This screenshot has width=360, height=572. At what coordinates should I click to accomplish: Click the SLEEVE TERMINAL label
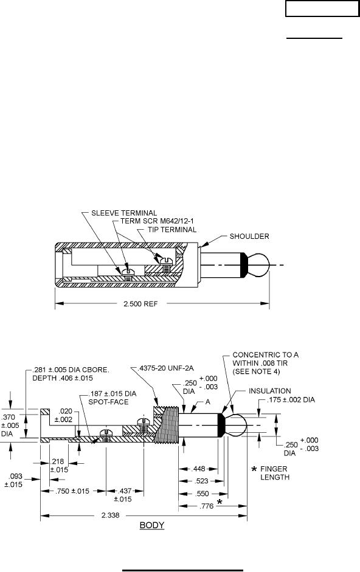[124, 213]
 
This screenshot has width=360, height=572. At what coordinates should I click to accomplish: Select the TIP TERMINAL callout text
[172, 229]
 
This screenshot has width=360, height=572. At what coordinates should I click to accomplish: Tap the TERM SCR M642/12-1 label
[157, 221]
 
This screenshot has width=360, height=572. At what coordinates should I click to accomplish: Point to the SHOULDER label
[249, 236]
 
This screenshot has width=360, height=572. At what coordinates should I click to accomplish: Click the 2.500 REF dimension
[140, 303]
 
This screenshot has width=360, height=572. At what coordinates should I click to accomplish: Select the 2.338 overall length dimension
[110, 515]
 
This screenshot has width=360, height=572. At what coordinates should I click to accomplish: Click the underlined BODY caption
[152, 525]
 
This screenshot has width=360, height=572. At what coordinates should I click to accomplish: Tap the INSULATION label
[270, 391]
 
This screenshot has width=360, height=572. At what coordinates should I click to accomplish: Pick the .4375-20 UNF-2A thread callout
[167, 368]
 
